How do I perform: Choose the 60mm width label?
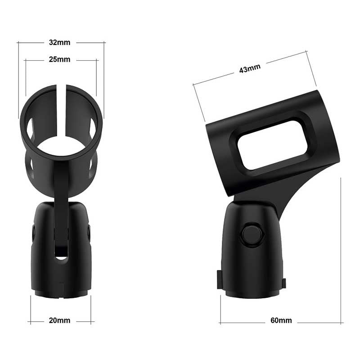(281, 320)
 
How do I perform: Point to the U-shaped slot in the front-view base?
(62, 250)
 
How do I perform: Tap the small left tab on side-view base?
(219, 279)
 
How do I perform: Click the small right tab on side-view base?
(283, 283)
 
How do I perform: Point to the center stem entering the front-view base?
(61, 216)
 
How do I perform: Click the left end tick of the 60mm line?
(220, 322)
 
